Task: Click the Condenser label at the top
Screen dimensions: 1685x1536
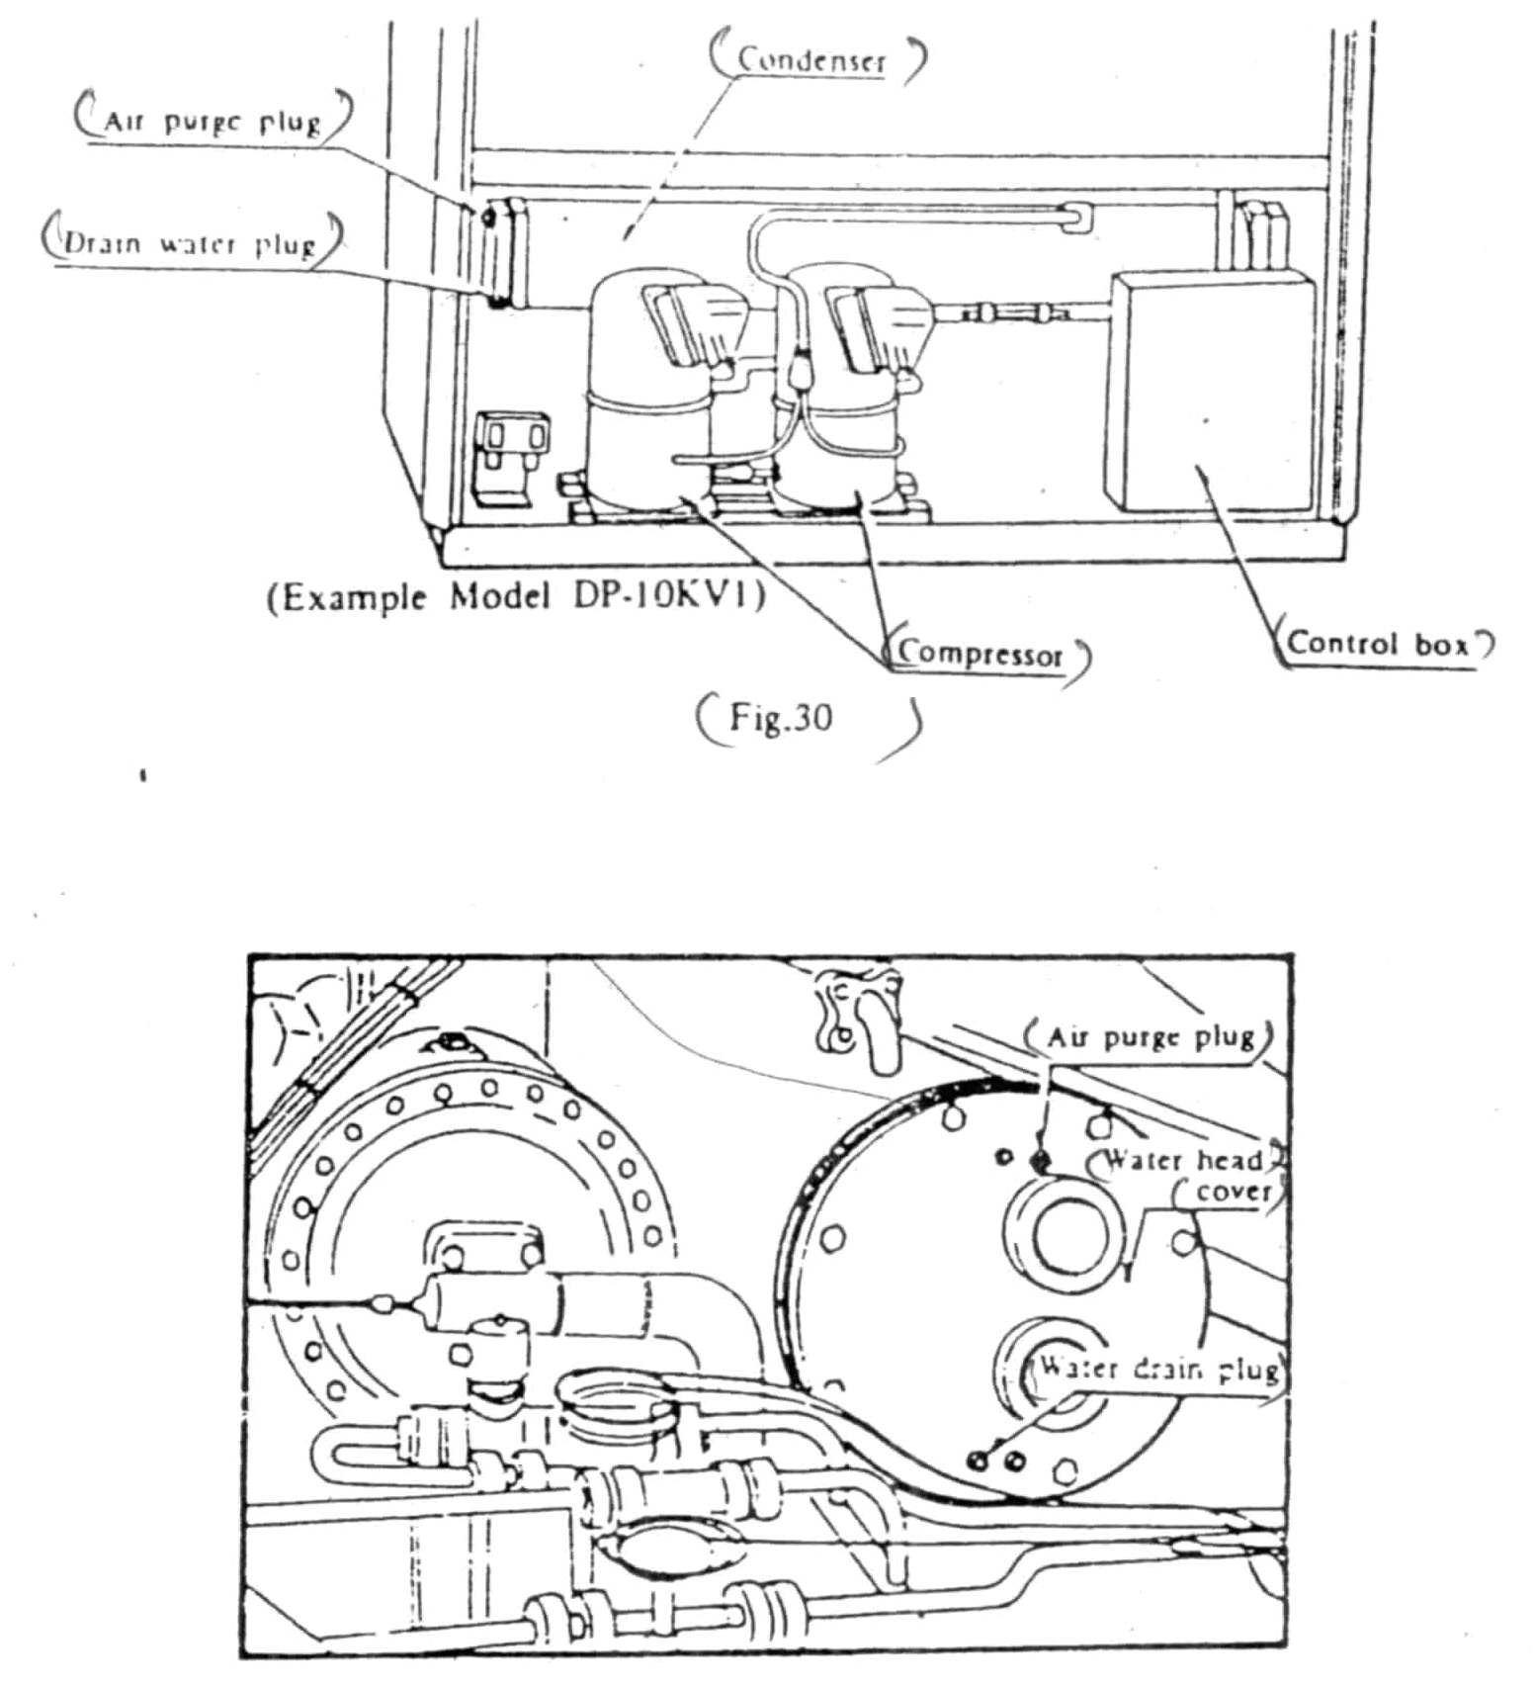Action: [811, 60]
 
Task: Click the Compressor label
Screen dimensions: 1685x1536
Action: [980, 654]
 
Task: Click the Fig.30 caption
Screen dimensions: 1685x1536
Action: [781, 716]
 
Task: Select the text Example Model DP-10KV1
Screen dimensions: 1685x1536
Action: [516, 597]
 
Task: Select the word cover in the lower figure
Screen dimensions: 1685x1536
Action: [1233, 1192]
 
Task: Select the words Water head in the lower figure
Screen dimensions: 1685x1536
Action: [1181, 1159]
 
